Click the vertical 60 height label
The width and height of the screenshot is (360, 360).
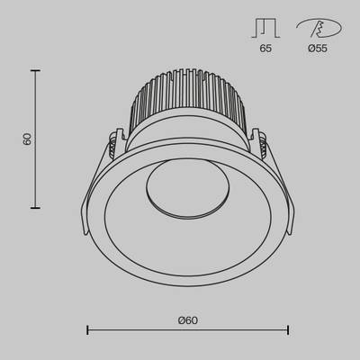(x=28, y=139)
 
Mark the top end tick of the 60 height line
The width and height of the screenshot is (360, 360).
(x=36, y=71)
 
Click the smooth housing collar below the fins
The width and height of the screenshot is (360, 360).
(x=187, y=134)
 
